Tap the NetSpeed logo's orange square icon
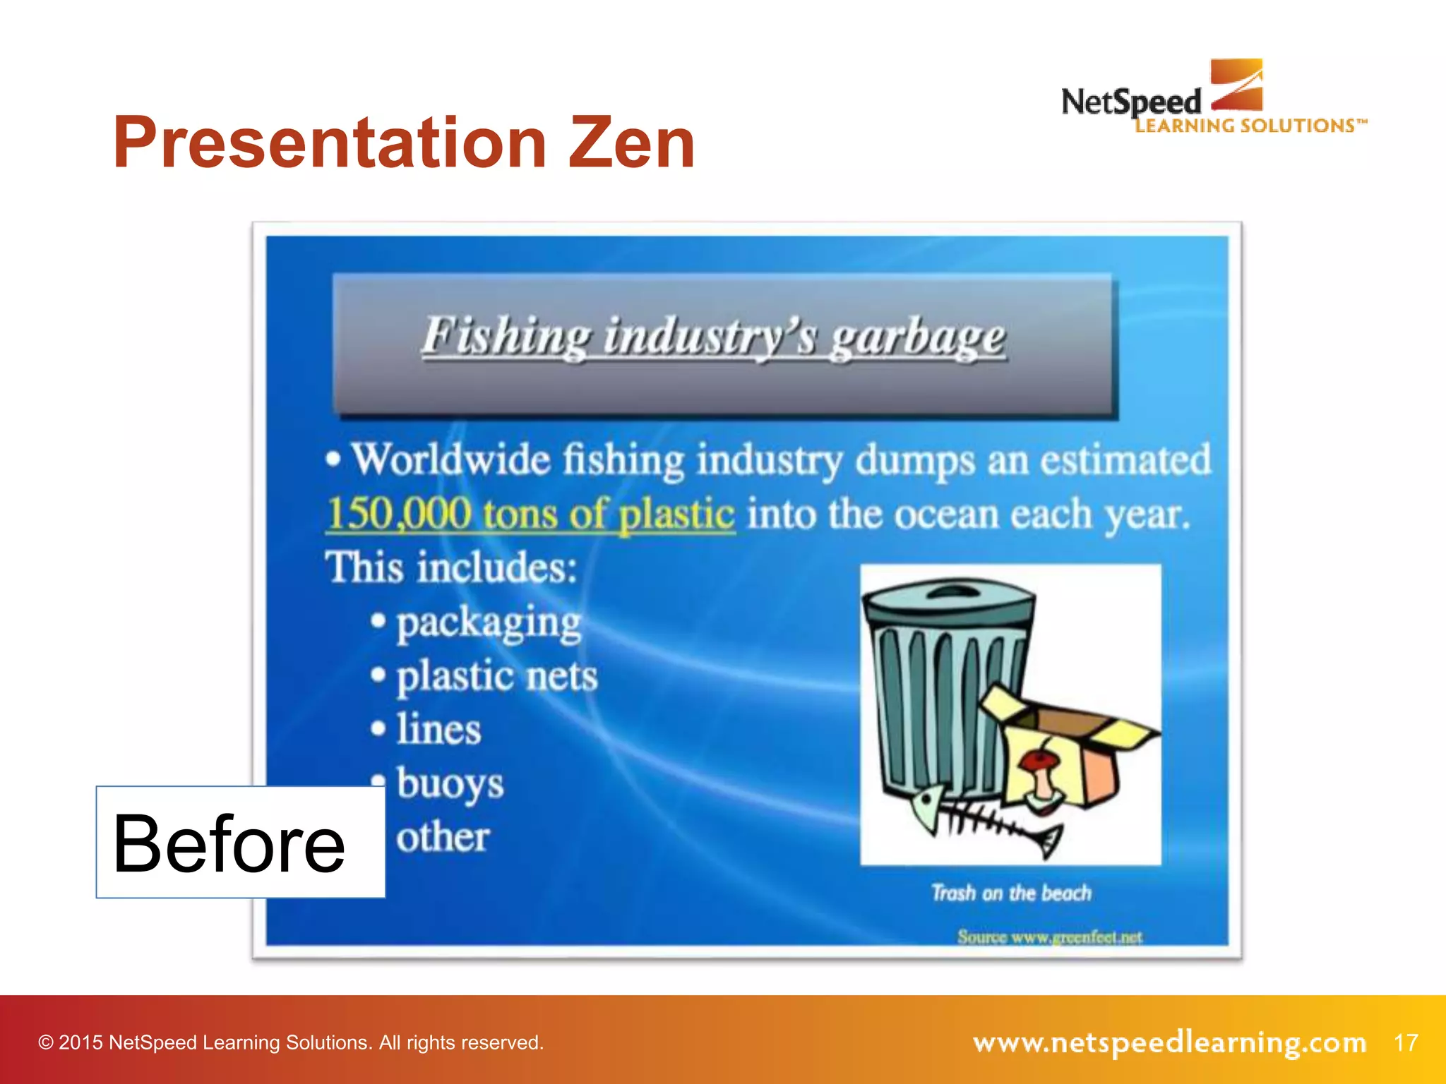[x=1236, y=85]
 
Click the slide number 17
[x=1406, y=1042]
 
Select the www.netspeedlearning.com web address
[x=1169, y=1042]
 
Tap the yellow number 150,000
[x=399, y=513]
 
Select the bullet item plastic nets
[x=497, y=676]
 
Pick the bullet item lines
[x=438, y=729]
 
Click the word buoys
[x=450, y=783]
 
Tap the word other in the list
[x=443, y=838]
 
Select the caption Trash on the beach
[x=1011, y=893]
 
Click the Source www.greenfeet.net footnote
[x=1049, y=937]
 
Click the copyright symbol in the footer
[x=46, y=1043]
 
